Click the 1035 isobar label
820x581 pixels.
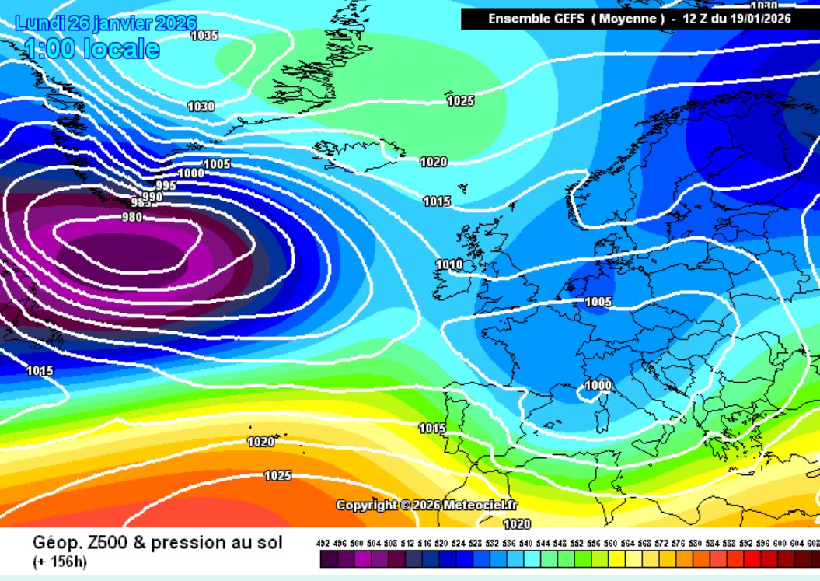[x=205, y=36]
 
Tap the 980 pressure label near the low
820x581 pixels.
[x=132, y=218]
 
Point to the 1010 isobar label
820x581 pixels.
[x=448, y=265]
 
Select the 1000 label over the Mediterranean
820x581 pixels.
[x=598, y=386]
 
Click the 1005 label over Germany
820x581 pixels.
[x=598, y=302]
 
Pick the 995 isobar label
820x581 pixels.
[x=166, y=186]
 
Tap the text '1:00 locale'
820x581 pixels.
[x=92, y=50]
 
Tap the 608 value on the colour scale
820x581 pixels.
[x=812, y=543]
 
